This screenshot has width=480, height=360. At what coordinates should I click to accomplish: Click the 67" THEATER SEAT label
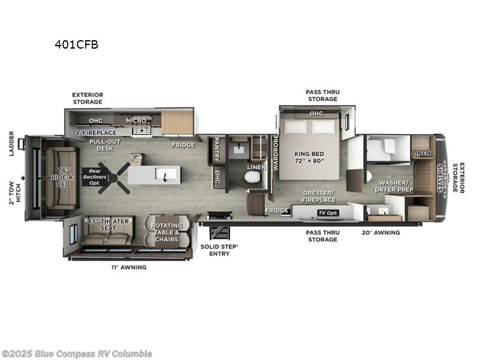pyautogui.click(x=109, y=225)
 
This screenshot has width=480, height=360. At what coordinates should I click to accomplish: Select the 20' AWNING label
pyautogui.click(x=380, y=232)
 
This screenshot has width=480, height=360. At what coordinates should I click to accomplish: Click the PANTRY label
pyautogui.click(x=215, y=151)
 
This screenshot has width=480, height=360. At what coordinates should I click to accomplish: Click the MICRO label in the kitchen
pyautogui.click(x=136, y=120)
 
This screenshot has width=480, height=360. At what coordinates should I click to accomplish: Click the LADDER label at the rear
pyautogui.click(x=11, y=144)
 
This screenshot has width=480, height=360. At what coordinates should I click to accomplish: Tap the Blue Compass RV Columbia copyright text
pyautogui.click(x=76, y=353)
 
